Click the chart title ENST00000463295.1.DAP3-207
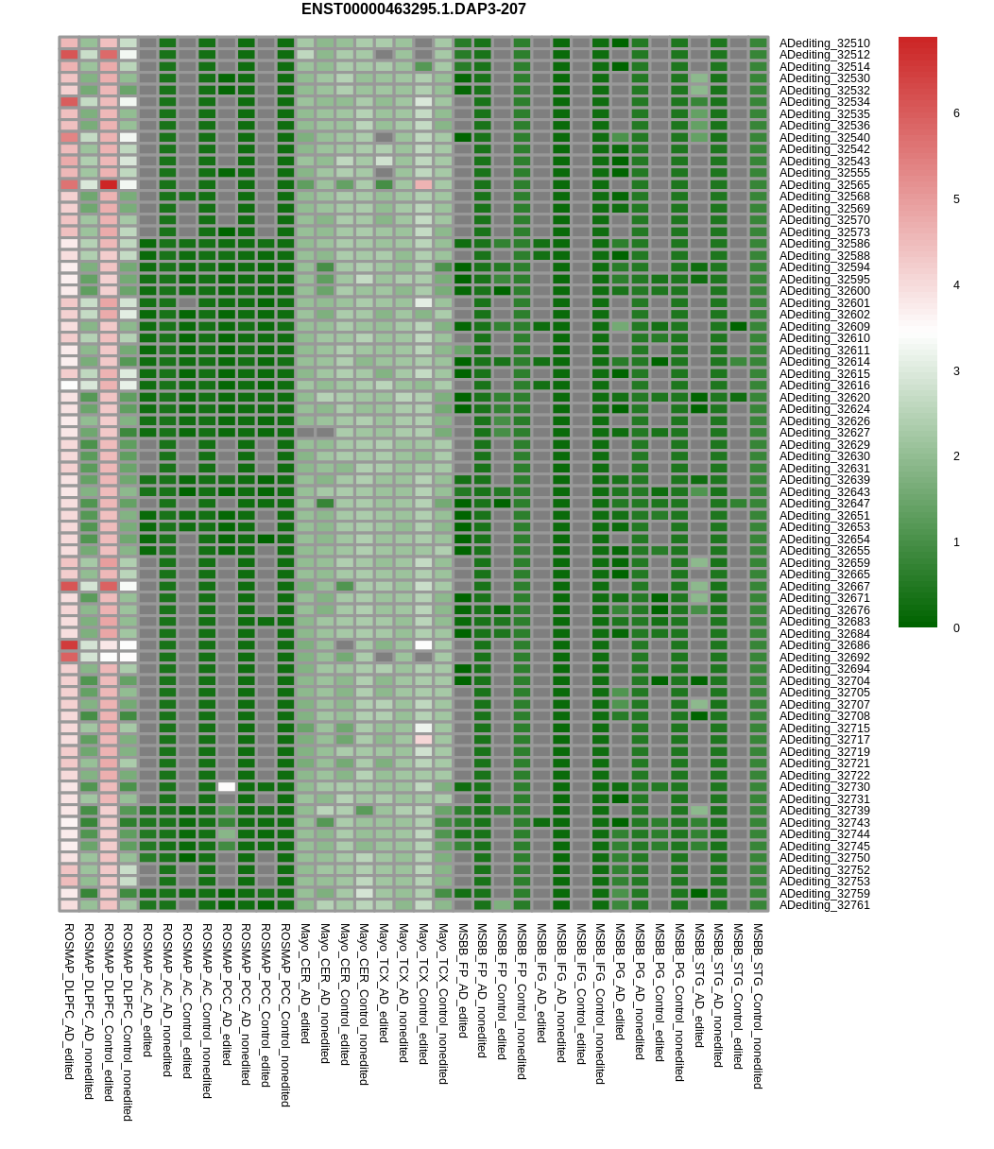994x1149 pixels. (413, 9)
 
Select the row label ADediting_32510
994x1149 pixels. (824, 43)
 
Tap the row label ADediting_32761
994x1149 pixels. (824, 905)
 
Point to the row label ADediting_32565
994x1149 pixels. (824, 185)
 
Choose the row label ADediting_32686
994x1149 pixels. (824, 645)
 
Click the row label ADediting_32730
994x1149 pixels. (824, 787)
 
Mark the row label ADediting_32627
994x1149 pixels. (824, 433)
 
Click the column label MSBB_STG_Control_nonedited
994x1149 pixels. (758, 1006)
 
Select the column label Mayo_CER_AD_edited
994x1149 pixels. (305, 984)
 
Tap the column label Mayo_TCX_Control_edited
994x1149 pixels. (423, 994)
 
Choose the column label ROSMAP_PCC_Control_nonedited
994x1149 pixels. (285, 1015)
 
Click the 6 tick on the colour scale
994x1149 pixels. (956, 113)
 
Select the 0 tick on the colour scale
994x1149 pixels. (956, 628)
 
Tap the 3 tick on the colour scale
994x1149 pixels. (956, 371)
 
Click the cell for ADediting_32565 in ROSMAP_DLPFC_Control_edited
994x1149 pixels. (109, 184)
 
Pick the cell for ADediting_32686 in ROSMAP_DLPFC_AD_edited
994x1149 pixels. (69, 645)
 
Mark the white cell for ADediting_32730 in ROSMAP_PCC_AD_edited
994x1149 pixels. (227, 787)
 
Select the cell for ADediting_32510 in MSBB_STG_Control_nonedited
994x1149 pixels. (758, 43)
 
